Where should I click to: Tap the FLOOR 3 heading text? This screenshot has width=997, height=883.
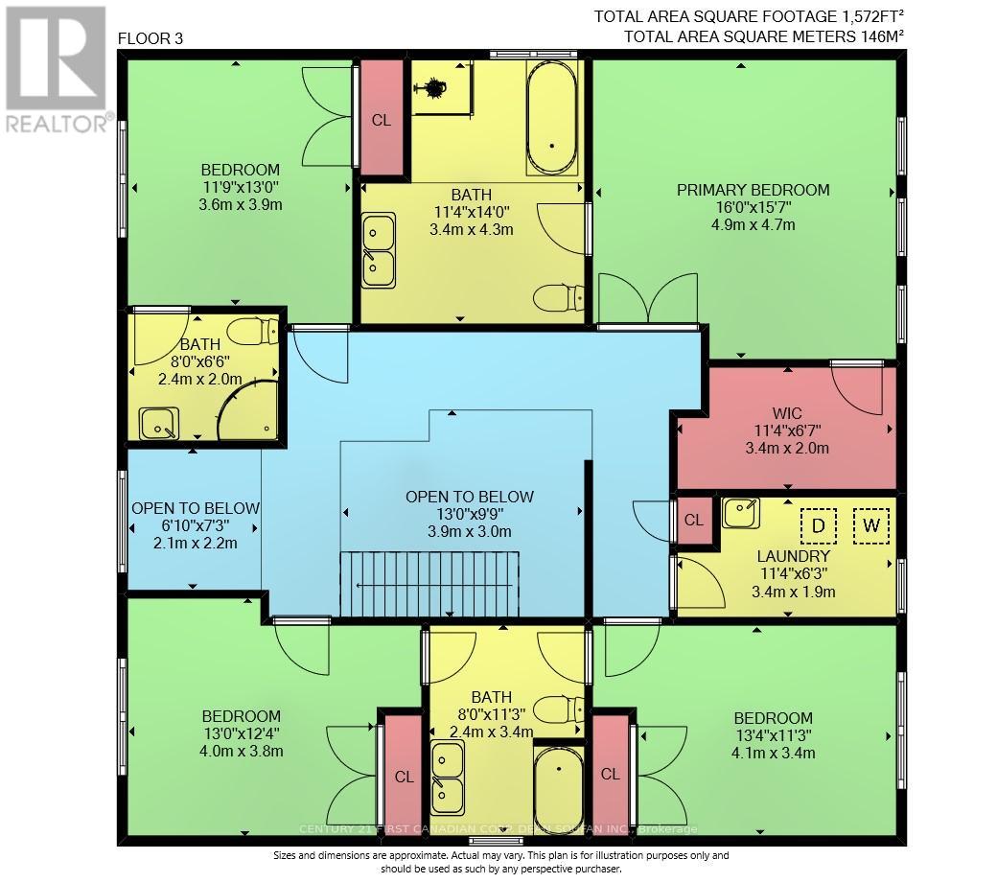(x=149, y=39)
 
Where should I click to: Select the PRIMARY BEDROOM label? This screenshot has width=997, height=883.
(x=753, y=190)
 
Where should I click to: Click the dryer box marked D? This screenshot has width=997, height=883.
(x=819, y=525)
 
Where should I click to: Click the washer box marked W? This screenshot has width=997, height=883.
(x=870, y=525)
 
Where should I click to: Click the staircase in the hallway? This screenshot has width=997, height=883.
(x=429, y=584)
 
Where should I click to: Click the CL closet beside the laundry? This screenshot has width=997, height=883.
(x=694, y=520)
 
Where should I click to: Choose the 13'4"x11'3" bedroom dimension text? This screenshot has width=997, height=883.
(x=773, y=735)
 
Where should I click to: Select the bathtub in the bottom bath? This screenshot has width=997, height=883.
(x=556, y=790)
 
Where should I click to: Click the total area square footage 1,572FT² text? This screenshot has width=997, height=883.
(x=747, y=16)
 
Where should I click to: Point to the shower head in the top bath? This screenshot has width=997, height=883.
(x=434, y=87)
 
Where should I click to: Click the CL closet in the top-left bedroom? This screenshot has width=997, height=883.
(x=381, y=121)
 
